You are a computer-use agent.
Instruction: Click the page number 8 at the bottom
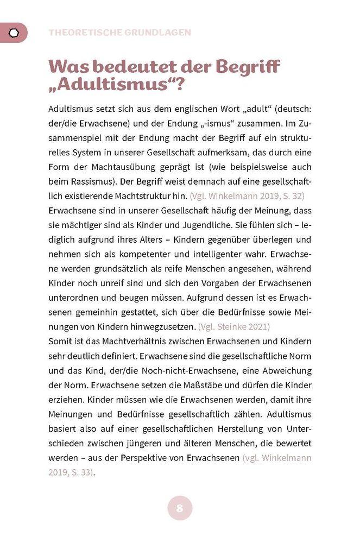click(180, 509)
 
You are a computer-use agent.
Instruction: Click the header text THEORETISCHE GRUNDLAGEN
click(120, 33)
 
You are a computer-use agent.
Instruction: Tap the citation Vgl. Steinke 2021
click(234, 327)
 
